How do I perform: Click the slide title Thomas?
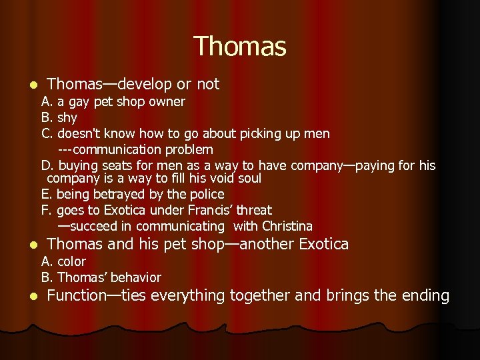240,47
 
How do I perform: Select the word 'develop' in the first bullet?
145,84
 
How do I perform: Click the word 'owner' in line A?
169,102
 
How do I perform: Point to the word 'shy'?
67,118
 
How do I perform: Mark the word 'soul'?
249,179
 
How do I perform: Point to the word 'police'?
207,195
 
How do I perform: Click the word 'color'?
71,262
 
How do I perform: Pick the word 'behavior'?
136,277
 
